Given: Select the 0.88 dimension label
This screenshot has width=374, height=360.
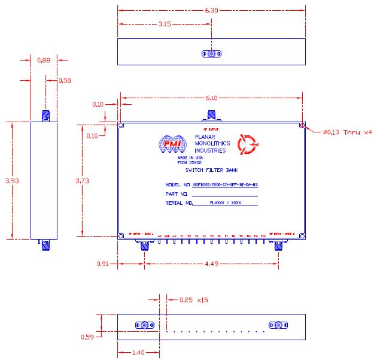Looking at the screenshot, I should click(44, 60).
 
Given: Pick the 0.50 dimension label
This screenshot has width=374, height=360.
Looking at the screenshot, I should click(64, 80).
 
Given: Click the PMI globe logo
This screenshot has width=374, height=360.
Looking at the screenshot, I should click(172, 144).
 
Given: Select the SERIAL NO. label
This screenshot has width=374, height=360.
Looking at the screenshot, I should click(178, 204).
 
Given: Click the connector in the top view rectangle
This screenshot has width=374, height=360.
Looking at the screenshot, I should click(212, 54).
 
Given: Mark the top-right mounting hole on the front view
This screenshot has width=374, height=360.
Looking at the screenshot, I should click(302, 126).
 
